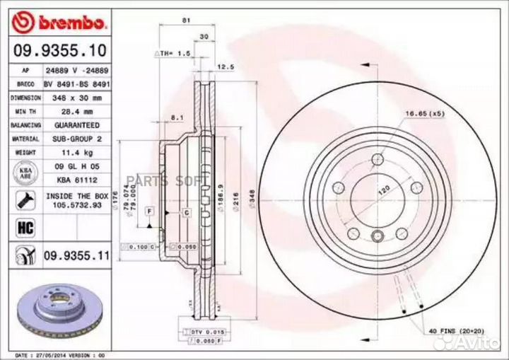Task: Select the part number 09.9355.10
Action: click(x=59, y=52)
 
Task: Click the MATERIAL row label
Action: click(x=25, y=139)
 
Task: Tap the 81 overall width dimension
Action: click(x=186, y=21)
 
